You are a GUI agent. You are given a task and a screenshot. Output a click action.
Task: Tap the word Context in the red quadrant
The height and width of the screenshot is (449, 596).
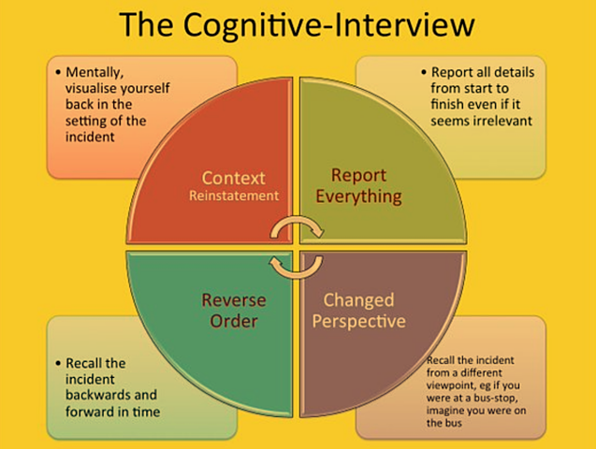(x=234, y=177)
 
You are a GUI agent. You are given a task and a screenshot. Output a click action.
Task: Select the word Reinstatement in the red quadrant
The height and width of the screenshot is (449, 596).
(x=234, y=196)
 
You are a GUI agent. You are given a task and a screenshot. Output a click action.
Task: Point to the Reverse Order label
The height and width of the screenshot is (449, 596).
(x=234, y=311)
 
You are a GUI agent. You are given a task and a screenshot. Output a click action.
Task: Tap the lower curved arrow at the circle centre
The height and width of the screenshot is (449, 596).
(x=297, y=266)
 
